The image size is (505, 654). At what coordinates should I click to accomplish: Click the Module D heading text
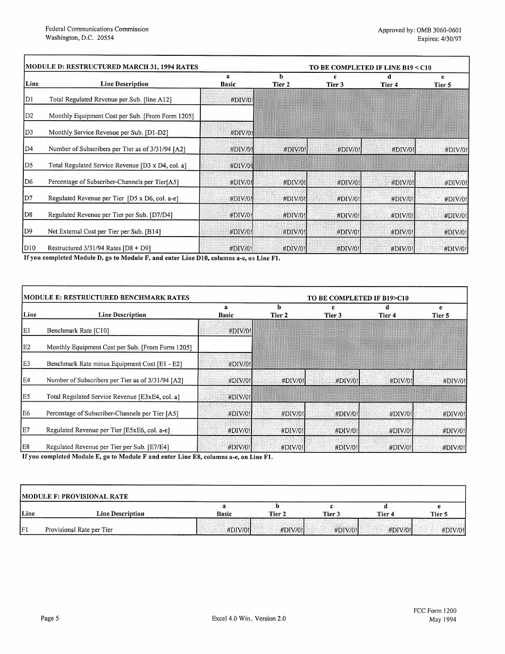(x=112, y=67)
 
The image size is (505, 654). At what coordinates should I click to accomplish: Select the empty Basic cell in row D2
(x=227, y=113)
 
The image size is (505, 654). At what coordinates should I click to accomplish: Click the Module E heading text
(x=107, y=298)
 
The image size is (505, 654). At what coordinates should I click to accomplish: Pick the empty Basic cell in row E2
(x=225, y=345)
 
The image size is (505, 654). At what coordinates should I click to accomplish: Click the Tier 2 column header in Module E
(x=279, y=315)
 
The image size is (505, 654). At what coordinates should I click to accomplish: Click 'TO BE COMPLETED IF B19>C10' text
(x=358, y=298)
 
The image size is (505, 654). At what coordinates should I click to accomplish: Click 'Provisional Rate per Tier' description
(x=79, y=530)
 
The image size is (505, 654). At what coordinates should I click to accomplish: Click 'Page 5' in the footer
(x=50, y=618)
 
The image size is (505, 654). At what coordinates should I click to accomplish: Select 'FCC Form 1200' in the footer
(x=434, y=611)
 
